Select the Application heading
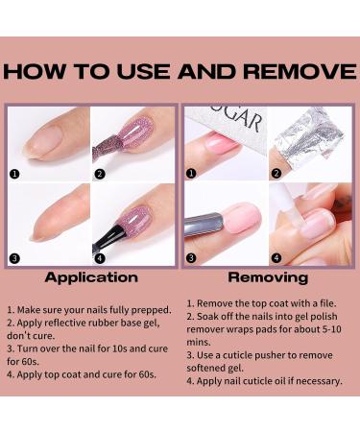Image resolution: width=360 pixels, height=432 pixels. click(90, 277)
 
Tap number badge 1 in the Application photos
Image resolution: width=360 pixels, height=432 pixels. click(15, 176)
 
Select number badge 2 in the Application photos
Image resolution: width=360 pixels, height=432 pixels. click(99, 176)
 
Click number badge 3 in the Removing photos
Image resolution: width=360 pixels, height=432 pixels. click(192, 257)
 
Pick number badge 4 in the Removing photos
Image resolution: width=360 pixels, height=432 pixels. click(276, 257)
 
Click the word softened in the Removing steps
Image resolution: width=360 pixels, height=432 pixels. click(206, 367)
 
